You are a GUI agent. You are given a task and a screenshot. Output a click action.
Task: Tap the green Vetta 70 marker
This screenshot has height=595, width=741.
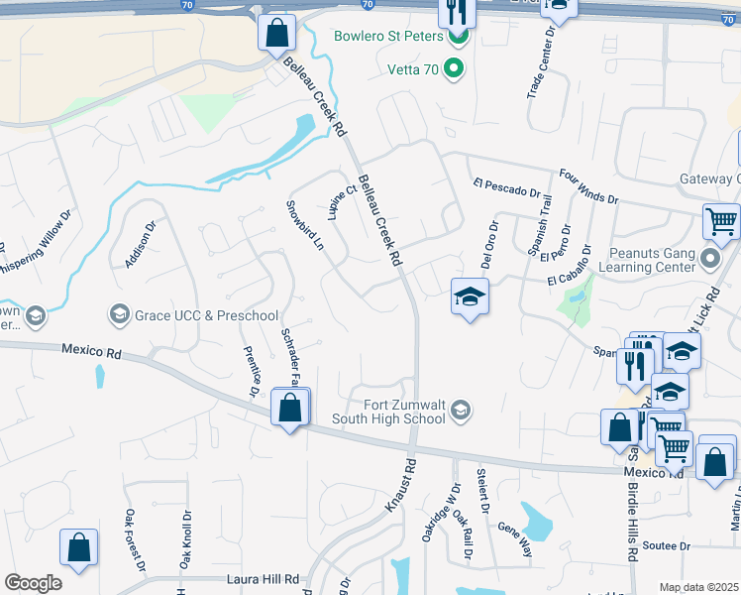tap(454, 68)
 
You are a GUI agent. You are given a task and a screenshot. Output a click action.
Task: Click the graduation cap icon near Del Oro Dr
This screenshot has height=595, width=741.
tap(470, 297)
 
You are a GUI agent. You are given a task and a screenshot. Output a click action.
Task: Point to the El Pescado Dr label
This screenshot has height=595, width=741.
tap(508, 187)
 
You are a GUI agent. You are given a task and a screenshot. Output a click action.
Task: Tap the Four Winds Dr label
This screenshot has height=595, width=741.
tap(588, 186)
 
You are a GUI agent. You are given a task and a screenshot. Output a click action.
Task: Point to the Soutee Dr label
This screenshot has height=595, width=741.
tap(665, 545)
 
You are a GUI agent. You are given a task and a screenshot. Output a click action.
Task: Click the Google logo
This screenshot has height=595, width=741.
tap(33, 583)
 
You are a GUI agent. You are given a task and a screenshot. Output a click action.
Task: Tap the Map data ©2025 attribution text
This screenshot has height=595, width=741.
tap(698, 587)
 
